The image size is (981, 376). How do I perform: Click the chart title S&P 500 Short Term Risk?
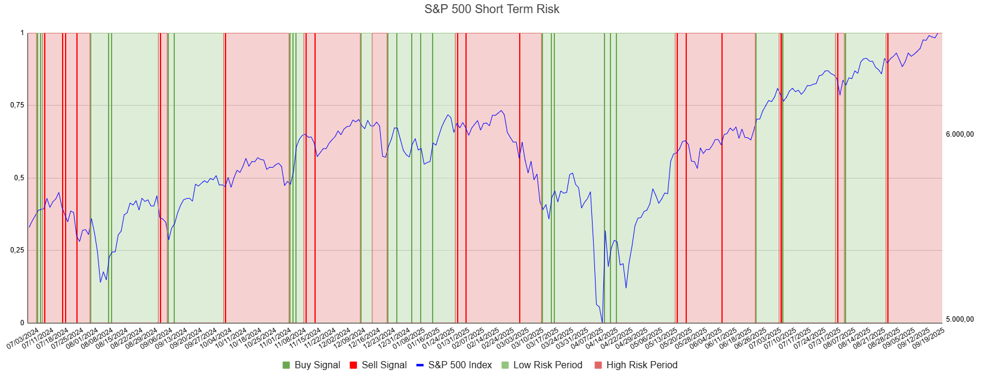tap(492, 9)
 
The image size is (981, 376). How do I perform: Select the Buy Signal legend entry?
tap(317, 365)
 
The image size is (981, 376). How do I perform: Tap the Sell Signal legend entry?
tap(384, 365)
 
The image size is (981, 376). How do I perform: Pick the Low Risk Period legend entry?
tap(547, 365)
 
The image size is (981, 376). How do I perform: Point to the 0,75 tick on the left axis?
tap(17, 106)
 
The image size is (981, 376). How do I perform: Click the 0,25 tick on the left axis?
tap(17, 251)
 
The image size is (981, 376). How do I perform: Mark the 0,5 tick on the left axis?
tap(19, 178)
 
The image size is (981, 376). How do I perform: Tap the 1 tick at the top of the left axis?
tap(22, 33)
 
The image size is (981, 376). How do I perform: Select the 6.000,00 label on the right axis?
tap(960, 134)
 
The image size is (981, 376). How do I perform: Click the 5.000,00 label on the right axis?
tap(960, 319)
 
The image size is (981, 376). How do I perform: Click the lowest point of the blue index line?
tap(602, 322)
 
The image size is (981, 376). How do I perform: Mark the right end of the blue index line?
tap(938, 33)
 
